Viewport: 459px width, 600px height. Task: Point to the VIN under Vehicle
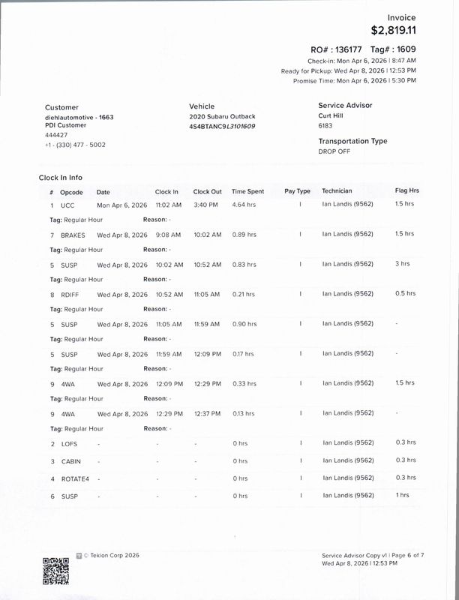click(x=222, y=126)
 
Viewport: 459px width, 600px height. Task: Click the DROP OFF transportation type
click(x=334, y=151)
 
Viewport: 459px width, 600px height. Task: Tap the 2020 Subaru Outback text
click(x=222, y=116)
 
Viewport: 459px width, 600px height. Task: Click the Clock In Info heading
click(x=61, y=178)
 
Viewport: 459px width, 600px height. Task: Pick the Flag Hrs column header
click(x=406, y=191)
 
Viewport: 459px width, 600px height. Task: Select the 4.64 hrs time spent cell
click(x=244, y=204)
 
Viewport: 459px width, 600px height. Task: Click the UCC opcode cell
click(x=67, y=205)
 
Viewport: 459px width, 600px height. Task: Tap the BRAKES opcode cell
click(x=73, y=235)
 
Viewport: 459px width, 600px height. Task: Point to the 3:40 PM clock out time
click(x=205, y=204)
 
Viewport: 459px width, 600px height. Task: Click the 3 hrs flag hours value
click(x=403, y=264)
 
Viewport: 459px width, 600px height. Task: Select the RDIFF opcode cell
click(x=70, y=294)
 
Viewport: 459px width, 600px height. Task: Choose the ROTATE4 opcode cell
click(x=74, y=478)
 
